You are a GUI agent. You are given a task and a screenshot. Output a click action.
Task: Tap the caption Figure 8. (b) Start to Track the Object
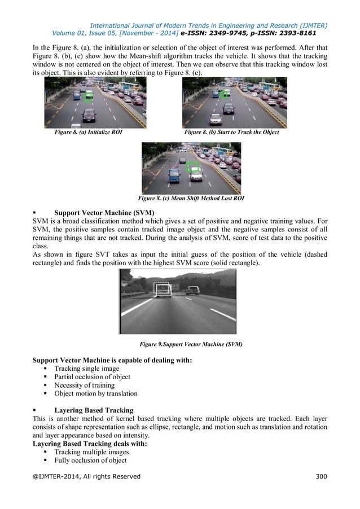click(231, 132)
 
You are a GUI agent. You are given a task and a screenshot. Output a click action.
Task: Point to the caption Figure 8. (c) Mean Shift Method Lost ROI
click(191, 198)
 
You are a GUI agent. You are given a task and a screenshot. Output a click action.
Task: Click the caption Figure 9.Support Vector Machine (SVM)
click(191, 344)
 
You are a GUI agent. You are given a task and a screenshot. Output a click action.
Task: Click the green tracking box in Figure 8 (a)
click(88, 97)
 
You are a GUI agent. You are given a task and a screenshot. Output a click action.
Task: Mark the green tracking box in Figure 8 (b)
click(225, 94)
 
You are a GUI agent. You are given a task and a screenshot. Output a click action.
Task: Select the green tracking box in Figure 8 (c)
click(193, 167)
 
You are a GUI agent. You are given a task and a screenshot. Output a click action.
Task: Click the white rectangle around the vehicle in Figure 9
click(163, 290)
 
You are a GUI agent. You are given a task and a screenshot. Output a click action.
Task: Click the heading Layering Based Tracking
click(94, 410)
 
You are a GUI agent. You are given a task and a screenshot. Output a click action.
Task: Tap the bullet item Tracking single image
click(86, 368)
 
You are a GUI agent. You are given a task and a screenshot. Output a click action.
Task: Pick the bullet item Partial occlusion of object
click(92, 377)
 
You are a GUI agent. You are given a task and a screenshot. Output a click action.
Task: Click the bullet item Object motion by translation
click(95, 394)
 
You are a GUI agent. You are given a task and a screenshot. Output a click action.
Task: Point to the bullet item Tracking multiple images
click(91, 452)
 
